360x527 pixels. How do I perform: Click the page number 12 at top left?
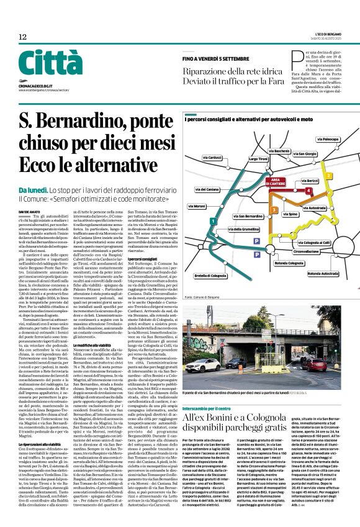[x=22, y=37]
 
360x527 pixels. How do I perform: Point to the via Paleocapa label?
[x=331, y=140]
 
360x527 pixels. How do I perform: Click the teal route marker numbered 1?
[x=214, y=220]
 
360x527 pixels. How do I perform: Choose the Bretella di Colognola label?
[x=210, y=275]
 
